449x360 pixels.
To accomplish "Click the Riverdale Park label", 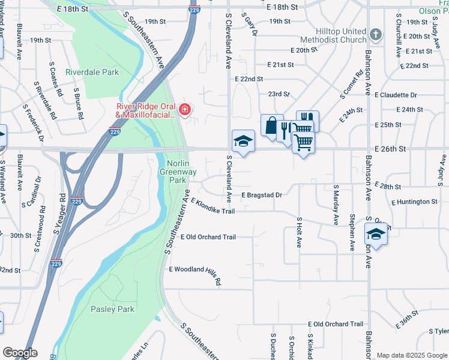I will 92,72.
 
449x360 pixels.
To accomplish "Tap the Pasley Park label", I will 112,310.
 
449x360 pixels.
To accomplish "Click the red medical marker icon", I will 185,109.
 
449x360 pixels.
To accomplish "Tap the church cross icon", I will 376,34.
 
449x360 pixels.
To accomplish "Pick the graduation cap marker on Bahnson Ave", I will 376,234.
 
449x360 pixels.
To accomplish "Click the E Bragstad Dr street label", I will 262,195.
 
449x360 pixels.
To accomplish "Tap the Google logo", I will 20,353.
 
